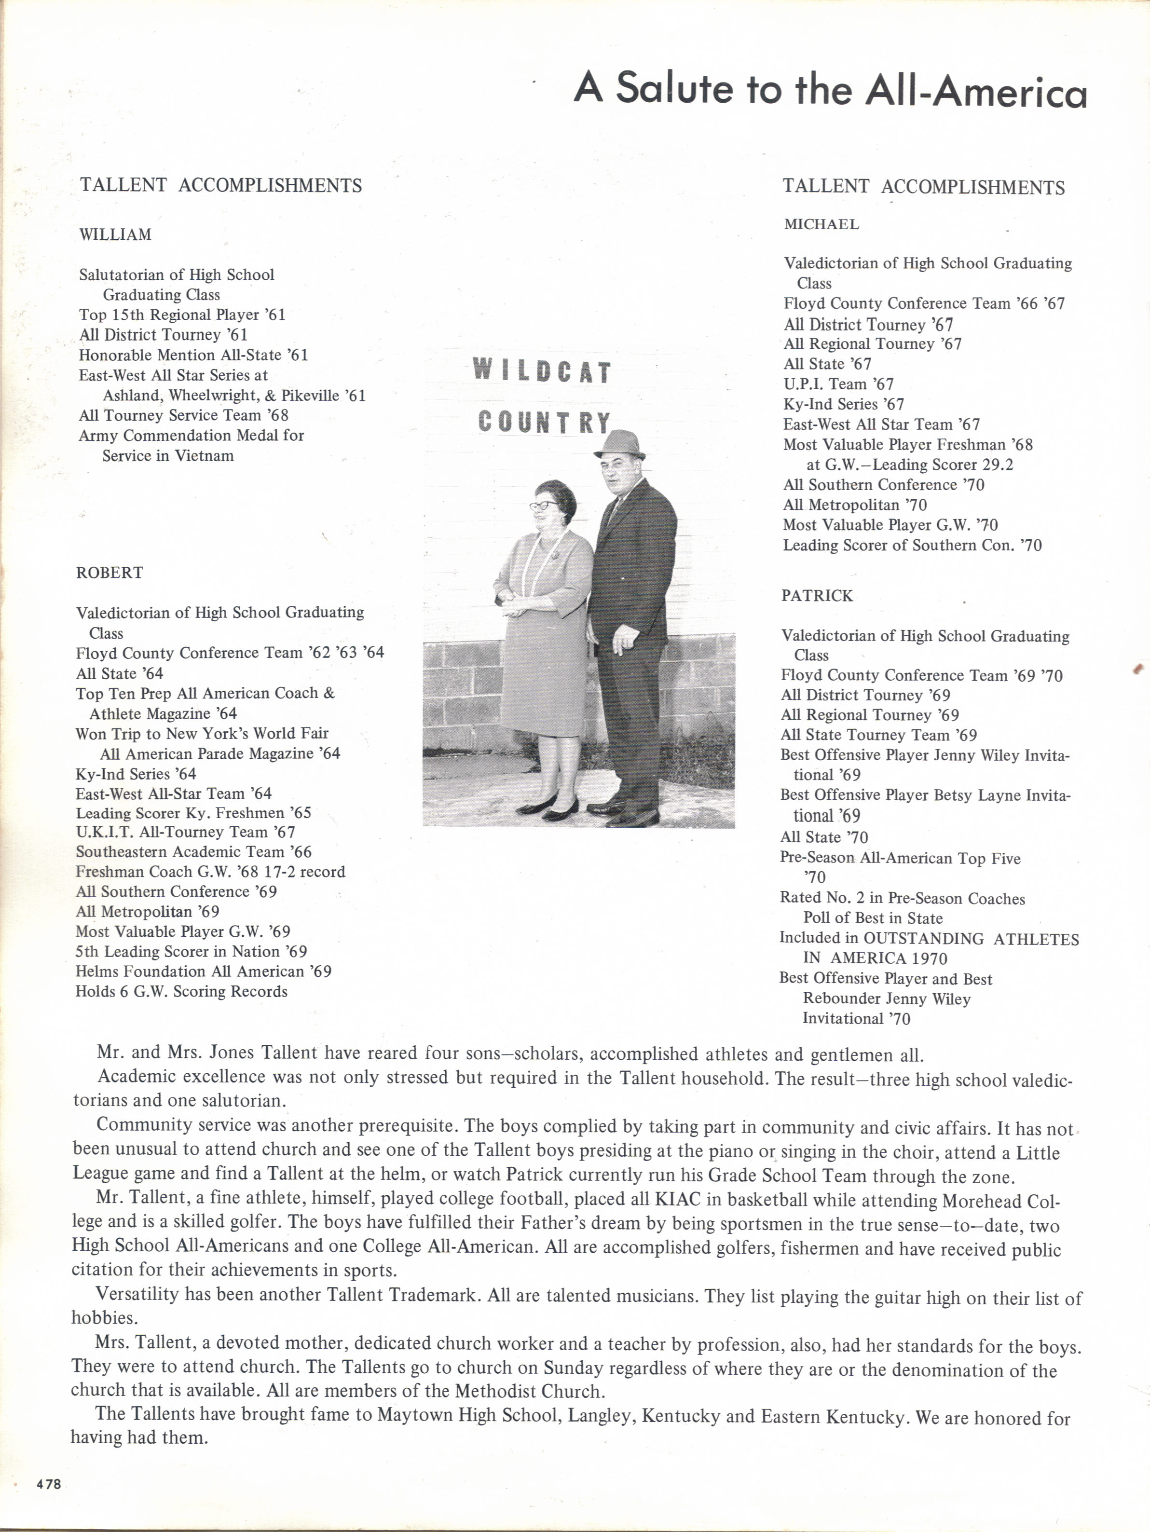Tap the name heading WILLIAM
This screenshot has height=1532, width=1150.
pos(115,235)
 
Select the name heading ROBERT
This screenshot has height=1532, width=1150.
pos(110,573)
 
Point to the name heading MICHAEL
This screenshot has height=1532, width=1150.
pos(821,224)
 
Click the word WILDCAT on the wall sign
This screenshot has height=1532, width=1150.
pos(542,372)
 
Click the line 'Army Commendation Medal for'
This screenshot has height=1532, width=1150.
pos(191,436)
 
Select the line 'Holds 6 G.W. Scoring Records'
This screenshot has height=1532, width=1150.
pos(181,991)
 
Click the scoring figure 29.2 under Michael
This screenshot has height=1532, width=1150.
pos(998,465)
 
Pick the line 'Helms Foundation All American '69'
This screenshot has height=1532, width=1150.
pos(204,971)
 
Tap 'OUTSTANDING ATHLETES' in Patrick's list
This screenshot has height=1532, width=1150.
pos(971,939)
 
